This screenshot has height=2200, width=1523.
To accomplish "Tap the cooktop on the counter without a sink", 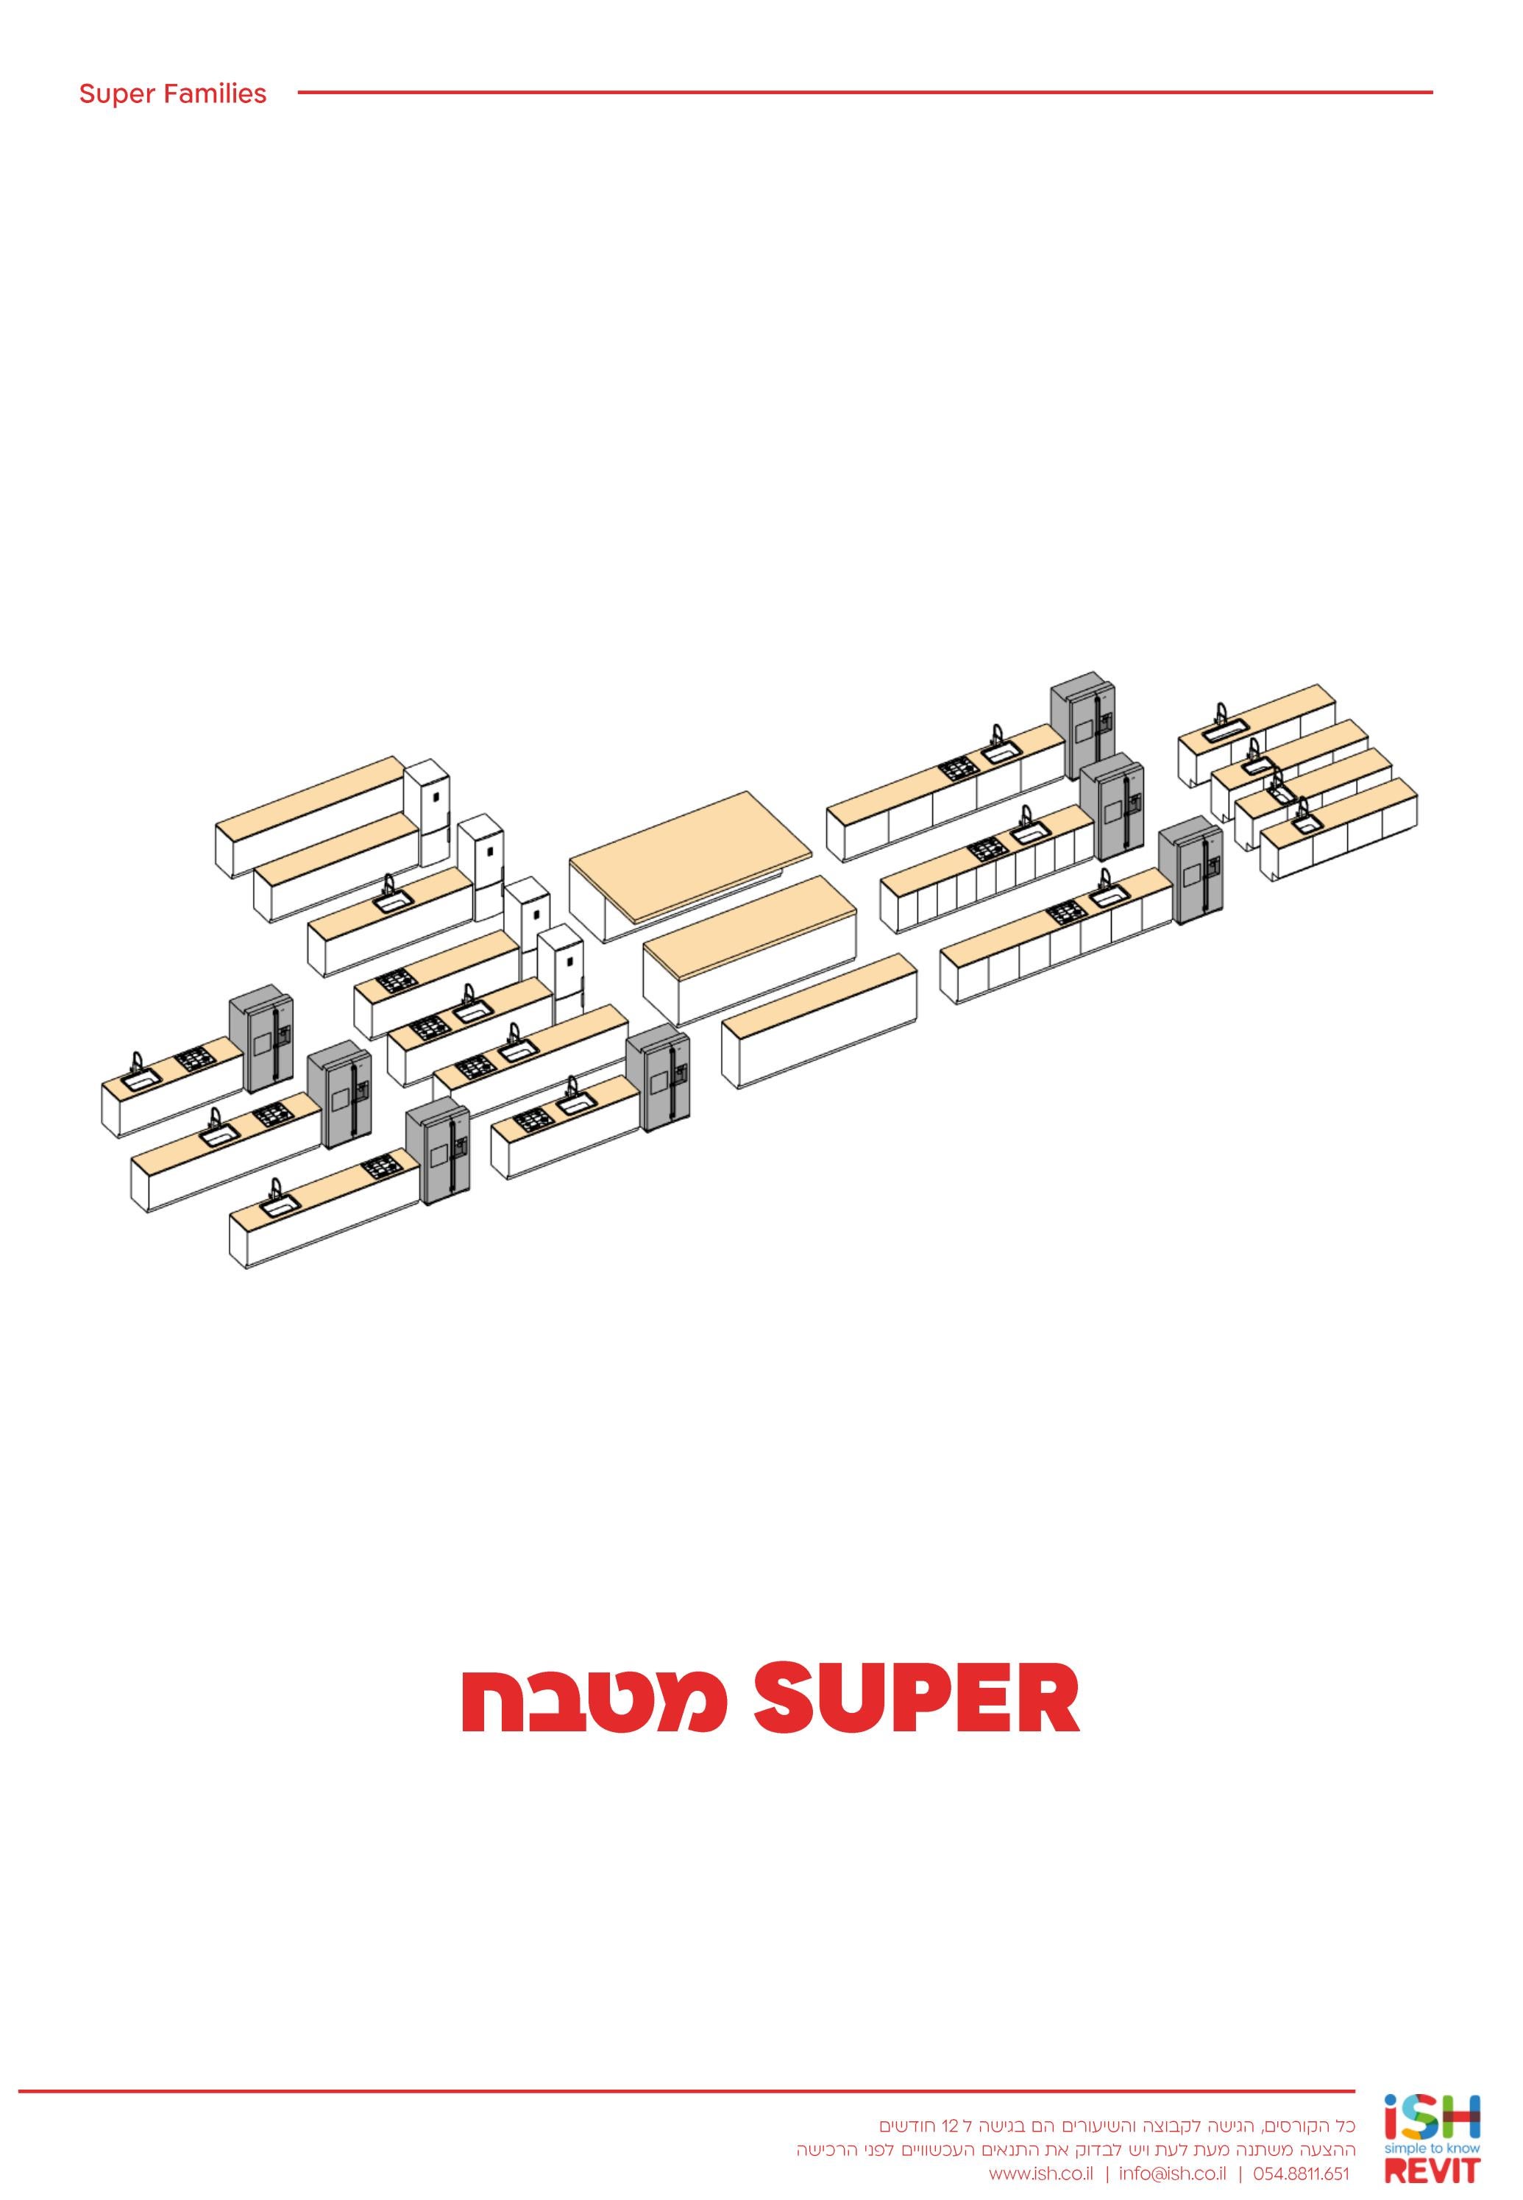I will click(394, 979).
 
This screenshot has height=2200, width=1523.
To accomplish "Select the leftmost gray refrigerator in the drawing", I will click(260, 1038).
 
